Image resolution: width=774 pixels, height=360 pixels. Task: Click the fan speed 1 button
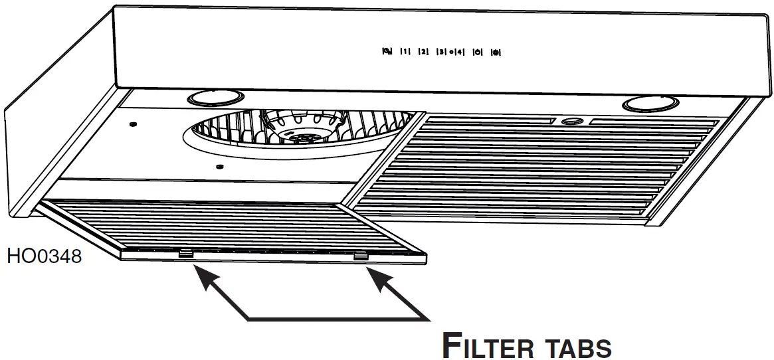(x=405, y=51)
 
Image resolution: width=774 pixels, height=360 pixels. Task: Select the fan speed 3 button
(x=441, y=51)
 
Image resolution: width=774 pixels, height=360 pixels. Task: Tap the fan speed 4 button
(x=460, y=51)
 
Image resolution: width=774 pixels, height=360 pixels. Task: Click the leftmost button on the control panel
(x=387, y=51)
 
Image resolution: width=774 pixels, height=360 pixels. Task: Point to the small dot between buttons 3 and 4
(x=450, y=51)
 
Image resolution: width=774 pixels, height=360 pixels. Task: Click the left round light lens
(x=207, y=98)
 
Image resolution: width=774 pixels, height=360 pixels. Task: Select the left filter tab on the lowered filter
(x=185, y=252)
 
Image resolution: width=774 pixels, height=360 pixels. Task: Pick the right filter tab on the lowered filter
(x=359, y=254)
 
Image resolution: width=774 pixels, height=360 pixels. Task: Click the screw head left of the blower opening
(x=134, y=124)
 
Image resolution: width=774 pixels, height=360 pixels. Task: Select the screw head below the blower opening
(x=220, y=166)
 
